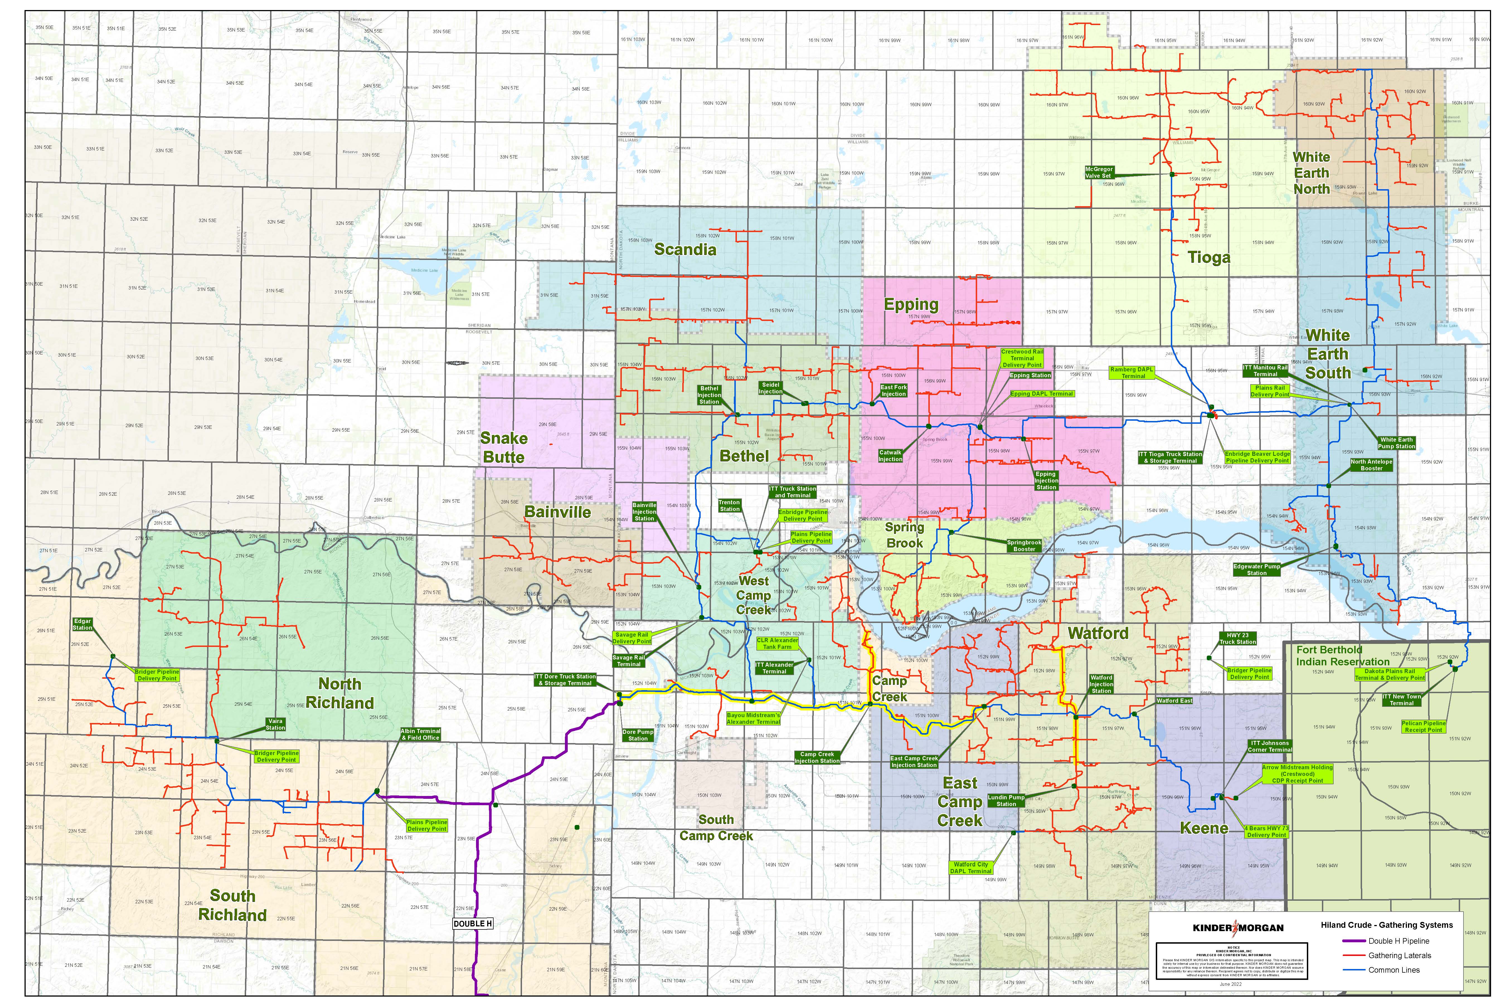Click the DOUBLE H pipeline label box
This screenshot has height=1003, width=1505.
tap(473, 924)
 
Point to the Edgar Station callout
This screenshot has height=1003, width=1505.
tap(82, 624)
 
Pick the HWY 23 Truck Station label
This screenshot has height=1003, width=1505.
tap(1237, 638)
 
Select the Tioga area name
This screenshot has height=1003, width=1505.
tap(1209, 258)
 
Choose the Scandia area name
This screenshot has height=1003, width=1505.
tap(685, 249)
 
